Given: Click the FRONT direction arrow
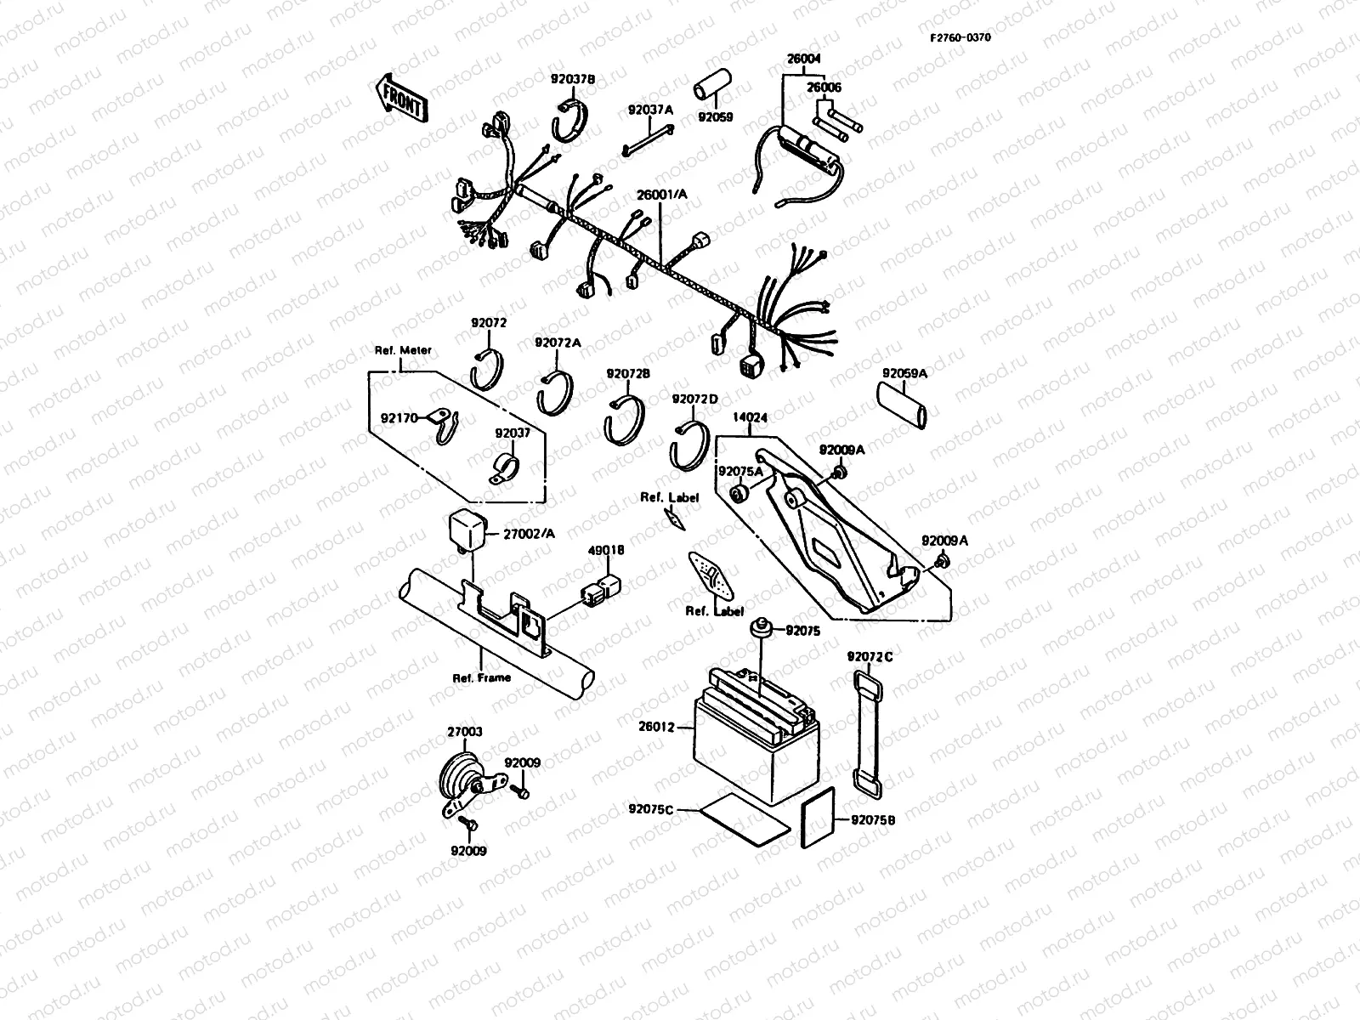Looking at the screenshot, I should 399,98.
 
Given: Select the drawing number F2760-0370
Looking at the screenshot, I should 959,37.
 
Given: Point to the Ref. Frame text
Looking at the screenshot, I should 481,677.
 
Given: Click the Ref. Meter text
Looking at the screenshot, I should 403,350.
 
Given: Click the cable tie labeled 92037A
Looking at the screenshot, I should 649,140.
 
